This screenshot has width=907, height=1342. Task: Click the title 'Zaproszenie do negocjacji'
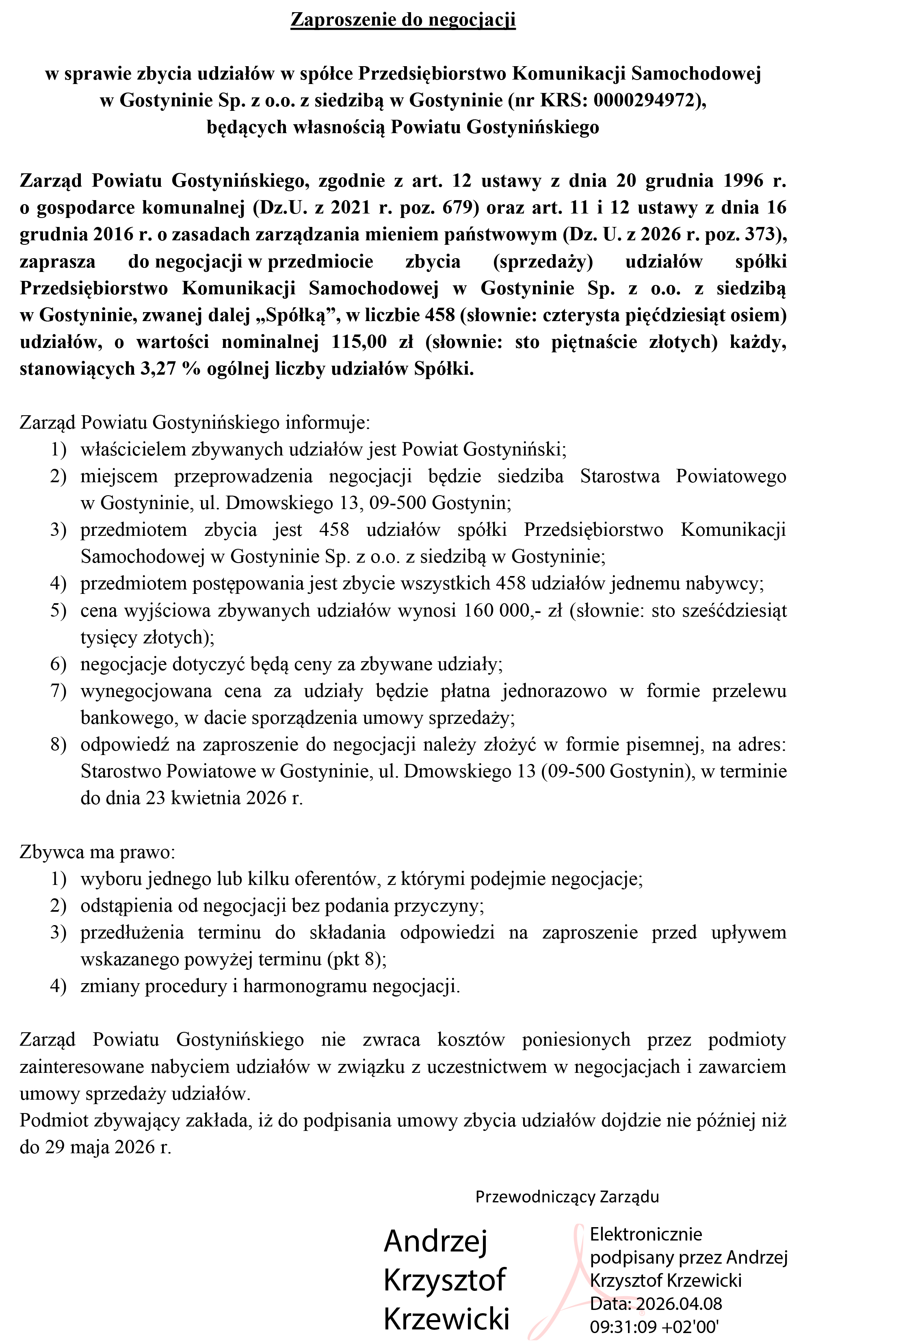403,20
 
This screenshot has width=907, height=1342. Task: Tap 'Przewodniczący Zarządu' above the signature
567,1197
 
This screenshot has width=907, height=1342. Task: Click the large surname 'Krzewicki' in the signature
446,1318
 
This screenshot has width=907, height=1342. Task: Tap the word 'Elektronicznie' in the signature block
646,1234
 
